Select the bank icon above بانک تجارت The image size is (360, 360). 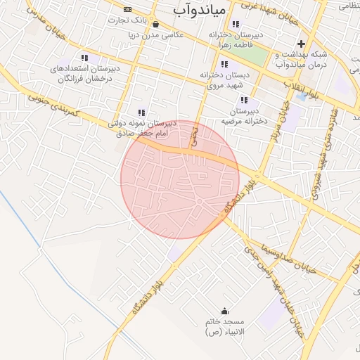[127, 9]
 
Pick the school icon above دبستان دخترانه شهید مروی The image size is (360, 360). [224, 65]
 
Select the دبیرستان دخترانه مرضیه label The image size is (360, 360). [243, 115]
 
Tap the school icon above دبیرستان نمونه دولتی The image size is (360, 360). [141, 112]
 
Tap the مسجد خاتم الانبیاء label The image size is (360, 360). [225, 326]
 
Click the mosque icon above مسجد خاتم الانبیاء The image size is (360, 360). [225, 311]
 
